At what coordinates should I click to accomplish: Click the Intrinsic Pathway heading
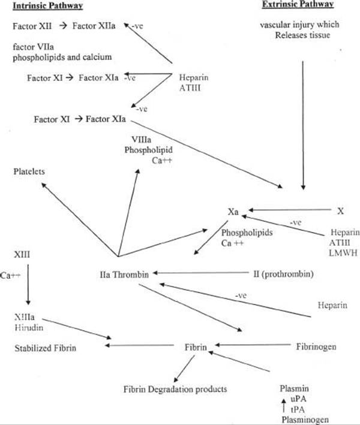click(x=48, y=5)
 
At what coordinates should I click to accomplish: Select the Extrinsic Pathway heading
click(x=298, y=5)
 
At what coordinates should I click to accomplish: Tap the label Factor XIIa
click(x=94, y=26)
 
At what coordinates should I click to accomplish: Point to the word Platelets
click(x=29, y=171)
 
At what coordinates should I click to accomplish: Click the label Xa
click(x=233, y=212)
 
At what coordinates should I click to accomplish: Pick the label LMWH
click(x=343, y=253)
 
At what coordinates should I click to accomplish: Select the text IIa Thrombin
click(x=124, y=275)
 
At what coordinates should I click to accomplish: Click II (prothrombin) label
click(x=283, y=274)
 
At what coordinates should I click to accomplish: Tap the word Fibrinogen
click(x=316, y=346)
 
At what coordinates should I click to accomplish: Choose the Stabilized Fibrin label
click(x=46, y=348)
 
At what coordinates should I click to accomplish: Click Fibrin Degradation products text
click(x=175, y=389)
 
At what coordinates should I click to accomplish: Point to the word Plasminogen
click(x=305, y=420)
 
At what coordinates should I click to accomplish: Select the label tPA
click(x=298, y=409)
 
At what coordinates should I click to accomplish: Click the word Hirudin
click(x=29, y=328)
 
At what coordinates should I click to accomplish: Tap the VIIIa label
click(x=142, y=140)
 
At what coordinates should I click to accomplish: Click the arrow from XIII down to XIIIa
click(x=28, y=285)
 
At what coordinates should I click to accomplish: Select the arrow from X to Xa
click(x=290, y=210)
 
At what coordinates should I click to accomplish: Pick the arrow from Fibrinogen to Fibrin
click(x=253, y=345)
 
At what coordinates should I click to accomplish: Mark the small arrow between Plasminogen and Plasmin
click(x=284, y=405)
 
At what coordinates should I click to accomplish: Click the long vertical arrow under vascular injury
click(x=303, y=125)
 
